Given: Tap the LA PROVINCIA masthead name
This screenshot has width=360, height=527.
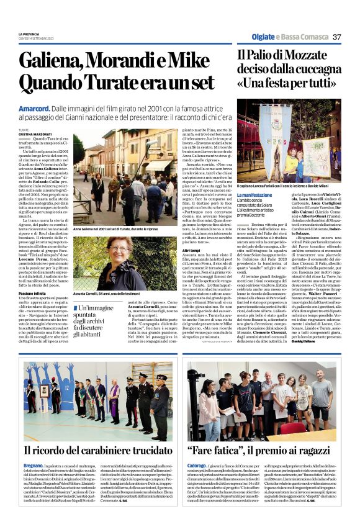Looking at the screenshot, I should pos(29,34).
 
